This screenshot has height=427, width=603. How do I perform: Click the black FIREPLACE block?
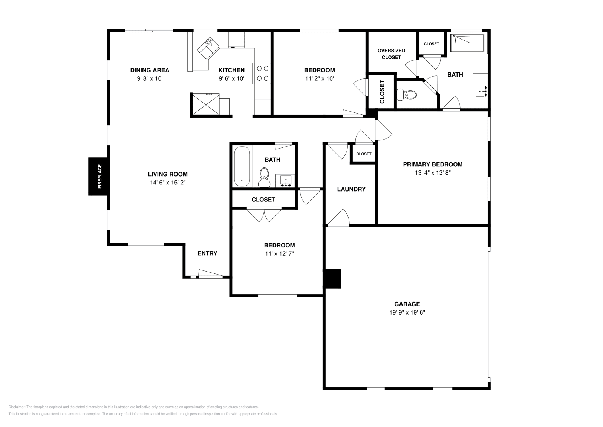(98, 177)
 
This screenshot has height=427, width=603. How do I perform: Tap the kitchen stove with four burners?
(262, 73)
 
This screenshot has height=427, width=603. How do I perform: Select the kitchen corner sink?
(208, 48)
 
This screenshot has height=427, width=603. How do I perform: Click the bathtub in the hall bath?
(242, 166)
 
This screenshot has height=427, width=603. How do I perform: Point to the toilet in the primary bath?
(407, 95)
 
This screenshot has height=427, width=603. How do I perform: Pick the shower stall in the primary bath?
(467, 43)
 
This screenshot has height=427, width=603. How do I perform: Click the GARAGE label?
(407, 304)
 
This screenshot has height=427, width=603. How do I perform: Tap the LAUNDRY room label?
(351, 189)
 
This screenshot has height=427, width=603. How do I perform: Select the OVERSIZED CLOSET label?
(391, 54)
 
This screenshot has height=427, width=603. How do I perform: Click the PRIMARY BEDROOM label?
(433, 164)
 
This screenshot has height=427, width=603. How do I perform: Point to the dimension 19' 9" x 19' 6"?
(407, 312)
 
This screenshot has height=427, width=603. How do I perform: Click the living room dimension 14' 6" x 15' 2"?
(168, 183)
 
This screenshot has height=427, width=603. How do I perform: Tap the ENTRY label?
(207, 253)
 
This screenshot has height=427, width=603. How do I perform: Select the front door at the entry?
(211, 273)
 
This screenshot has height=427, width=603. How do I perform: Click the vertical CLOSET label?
(382, 92)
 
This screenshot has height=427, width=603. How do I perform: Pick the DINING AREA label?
(150, 70)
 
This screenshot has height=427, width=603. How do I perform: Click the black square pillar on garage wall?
(333, 278)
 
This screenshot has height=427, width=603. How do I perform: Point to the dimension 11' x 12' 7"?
(279, 253)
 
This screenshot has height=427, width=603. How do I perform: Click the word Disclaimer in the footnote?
(17, 407)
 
